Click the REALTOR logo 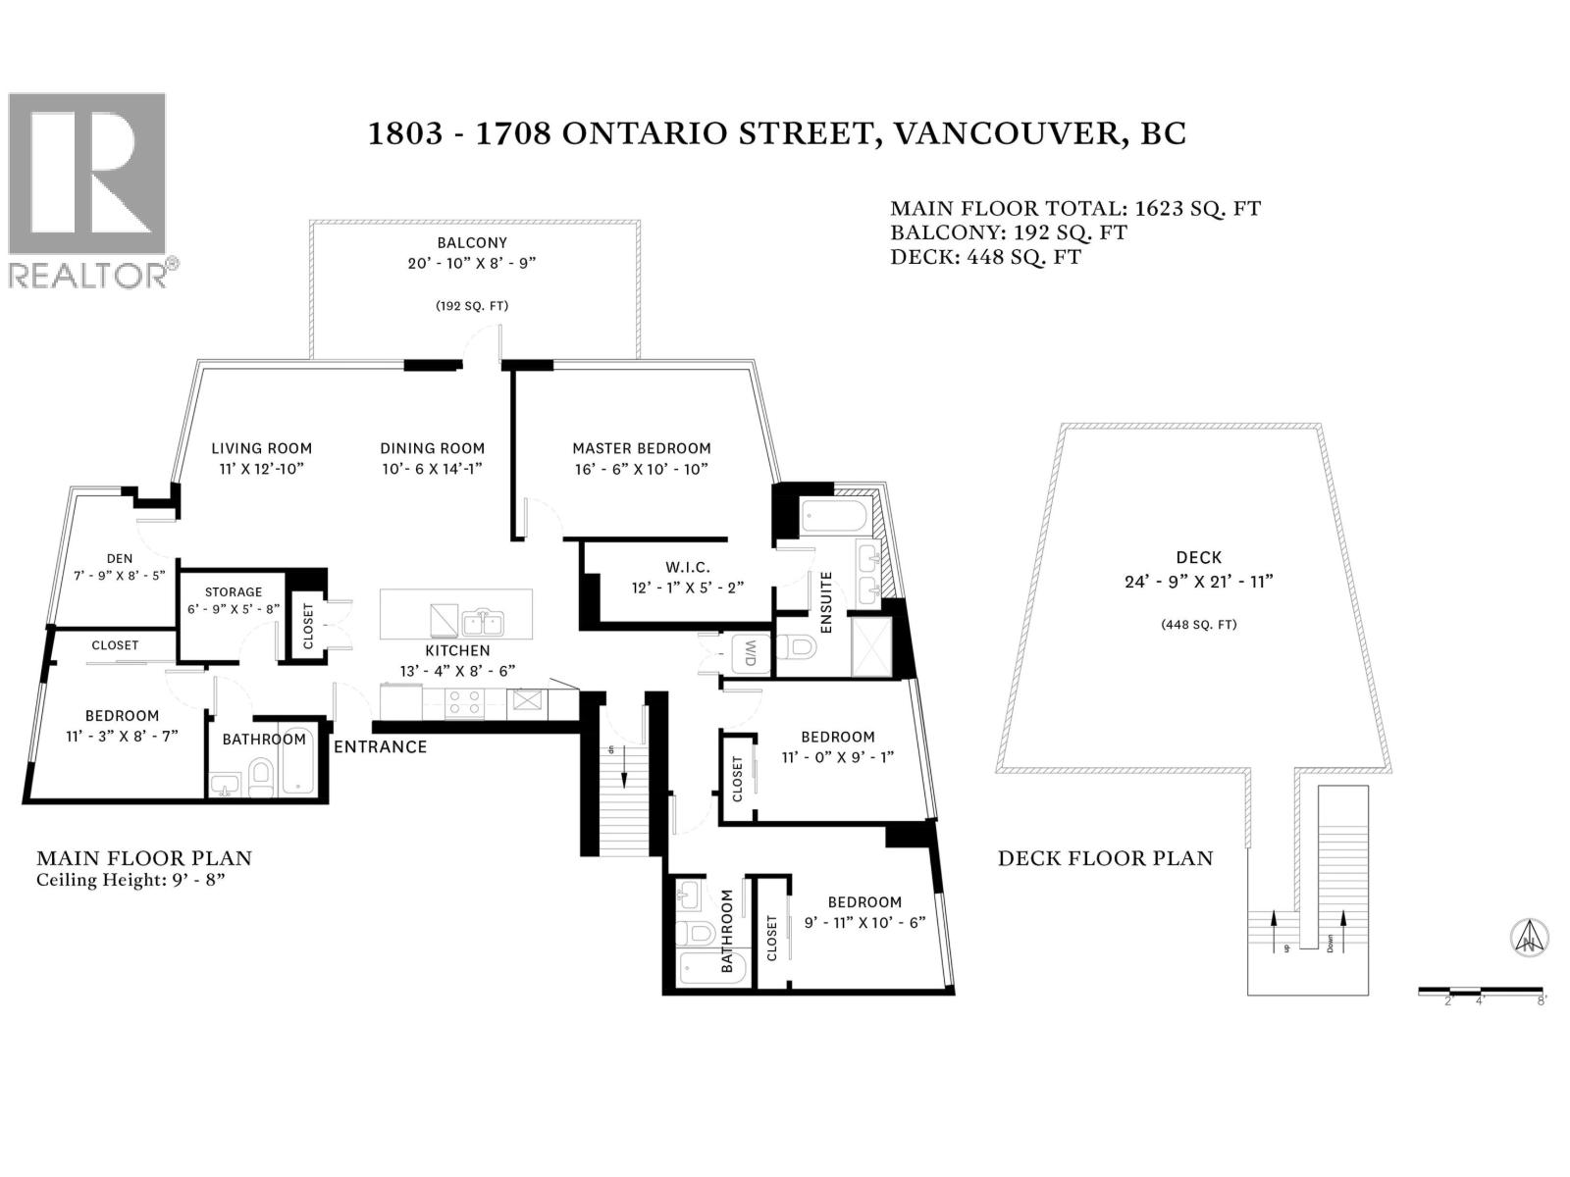(x=93, y=190)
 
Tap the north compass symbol (x=1529, y=936)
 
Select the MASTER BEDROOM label (x=641, y=448)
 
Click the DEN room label (x=120, y=558)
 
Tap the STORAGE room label (x=234, y=591)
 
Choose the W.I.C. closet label (x=688, y=568)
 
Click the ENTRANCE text (x=380, y=746)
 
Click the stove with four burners (x=465, y=702)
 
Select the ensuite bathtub (x=834, y=518)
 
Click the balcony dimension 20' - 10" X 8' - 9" (x=472, y=263)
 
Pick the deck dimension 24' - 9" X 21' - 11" (x=1199, y=582)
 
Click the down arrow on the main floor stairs (x=624, y=767)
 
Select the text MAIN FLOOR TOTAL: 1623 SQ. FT (x=1075, y=209)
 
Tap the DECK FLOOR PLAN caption (x=1105, y=858)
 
